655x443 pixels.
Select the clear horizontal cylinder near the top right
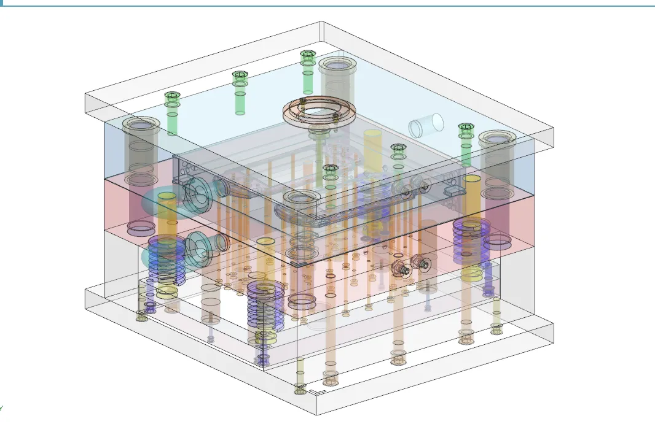426,125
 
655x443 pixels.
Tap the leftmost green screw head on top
171,96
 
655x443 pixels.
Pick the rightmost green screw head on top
466,128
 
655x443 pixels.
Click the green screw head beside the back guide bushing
307,55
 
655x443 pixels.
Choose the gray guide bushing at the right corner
496,140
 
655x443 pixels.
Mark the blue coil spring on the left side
166,258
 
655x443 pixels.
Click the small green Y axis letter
1,408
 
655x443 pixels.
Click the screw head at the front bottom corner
300,389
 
